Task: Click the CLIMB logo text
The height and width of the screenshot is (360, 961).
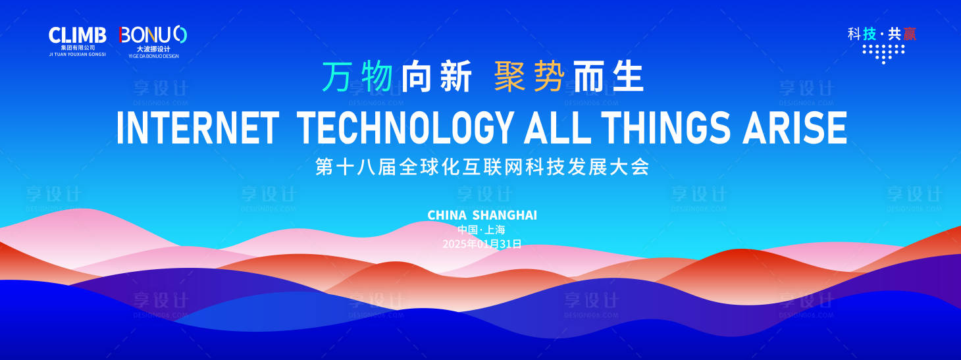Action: (x=77, y=35)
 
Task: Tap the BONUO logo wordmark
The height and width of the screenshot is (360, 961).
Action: (x=153, y=35)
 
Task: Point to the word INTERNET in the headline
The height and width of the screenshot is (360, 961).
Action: (x=197, y=128)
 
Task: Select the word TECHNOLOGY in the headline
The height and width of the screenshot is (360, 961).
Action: (x=405, y=128)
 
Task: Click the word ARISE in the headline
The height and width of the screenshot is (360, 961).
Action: (x=795, y=128)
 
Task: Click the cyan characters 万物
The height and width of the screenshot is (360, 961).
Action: (x=358, y=76)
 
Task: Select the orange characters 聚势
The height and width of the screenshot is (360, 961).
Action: (x=529, y=76)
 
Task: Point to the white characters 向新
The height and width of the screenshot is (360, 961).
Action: (x=437, y=76)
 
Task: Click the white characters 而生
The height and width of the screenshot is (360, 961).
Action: (x=609, y=76)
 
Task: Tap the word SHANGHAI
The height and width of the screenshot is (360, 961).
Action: (x=505, y=215)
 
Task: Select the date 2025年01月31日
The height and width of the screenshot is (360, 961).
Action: (x=482, y=244)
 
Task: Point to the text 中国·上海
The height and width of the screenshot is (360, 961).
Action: (x=481, y=230)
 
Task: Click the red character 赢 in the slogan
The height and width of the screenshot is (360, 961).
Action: (x=909, y=34)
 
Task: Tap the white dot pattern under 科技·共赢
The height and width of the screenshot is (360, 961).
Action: (x=883, y=54)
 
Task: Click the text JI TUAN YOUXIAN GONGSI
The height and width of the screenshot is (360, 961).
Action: (x=77, y=55)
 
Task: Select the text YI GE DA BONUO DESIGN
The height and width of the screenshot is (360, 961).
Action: (x=153, y=56)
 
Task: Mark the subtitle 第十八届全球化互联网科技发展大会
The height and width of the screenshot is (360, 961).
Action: (x=482, y=167)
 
